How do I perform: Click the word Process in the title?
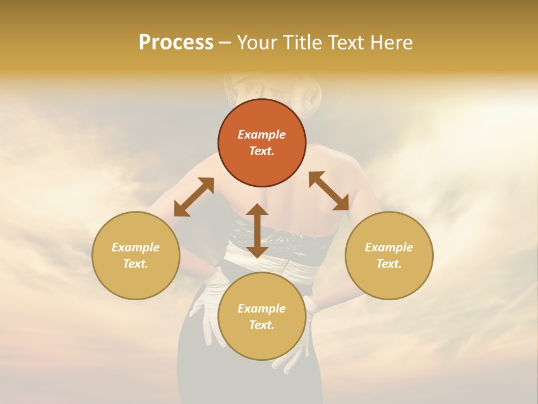click(176, 43)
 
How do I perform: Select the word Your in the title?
click(256, 43)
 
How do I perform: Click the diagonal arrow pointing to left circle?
click(194, 197)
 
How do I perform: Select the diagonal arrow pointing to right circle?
click(329, 191)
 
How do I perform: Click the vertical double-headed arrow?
click(257, 231)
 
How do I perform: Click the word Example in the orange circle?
click(262, 135)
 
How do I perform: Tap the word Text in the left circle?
click(135, 264)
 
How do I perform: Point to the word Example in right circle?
click(389, 247)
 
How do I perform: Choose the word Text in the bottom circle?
click(261, 325)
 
